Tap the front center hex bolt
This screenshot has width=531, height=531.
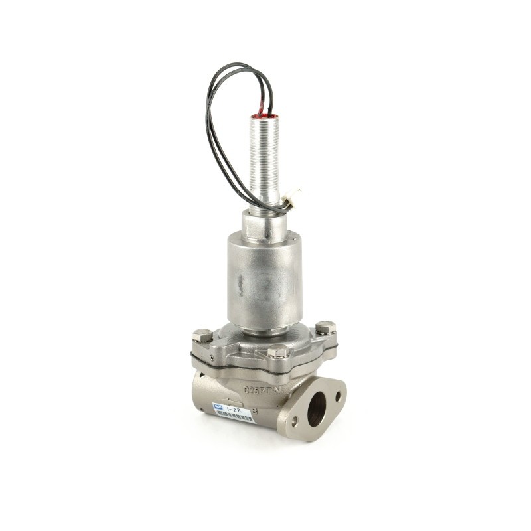click(x=278, y=352)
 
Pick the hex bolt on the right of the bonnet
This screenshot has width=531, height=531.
click(x=325, y=327)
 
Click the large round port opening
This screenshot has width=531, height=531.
click(x=317, y=406)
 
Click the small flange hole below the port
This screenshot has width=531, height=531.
click(x=294, y=420)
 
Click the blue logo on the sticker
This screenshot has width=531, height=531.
click(x=216, y=406)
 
